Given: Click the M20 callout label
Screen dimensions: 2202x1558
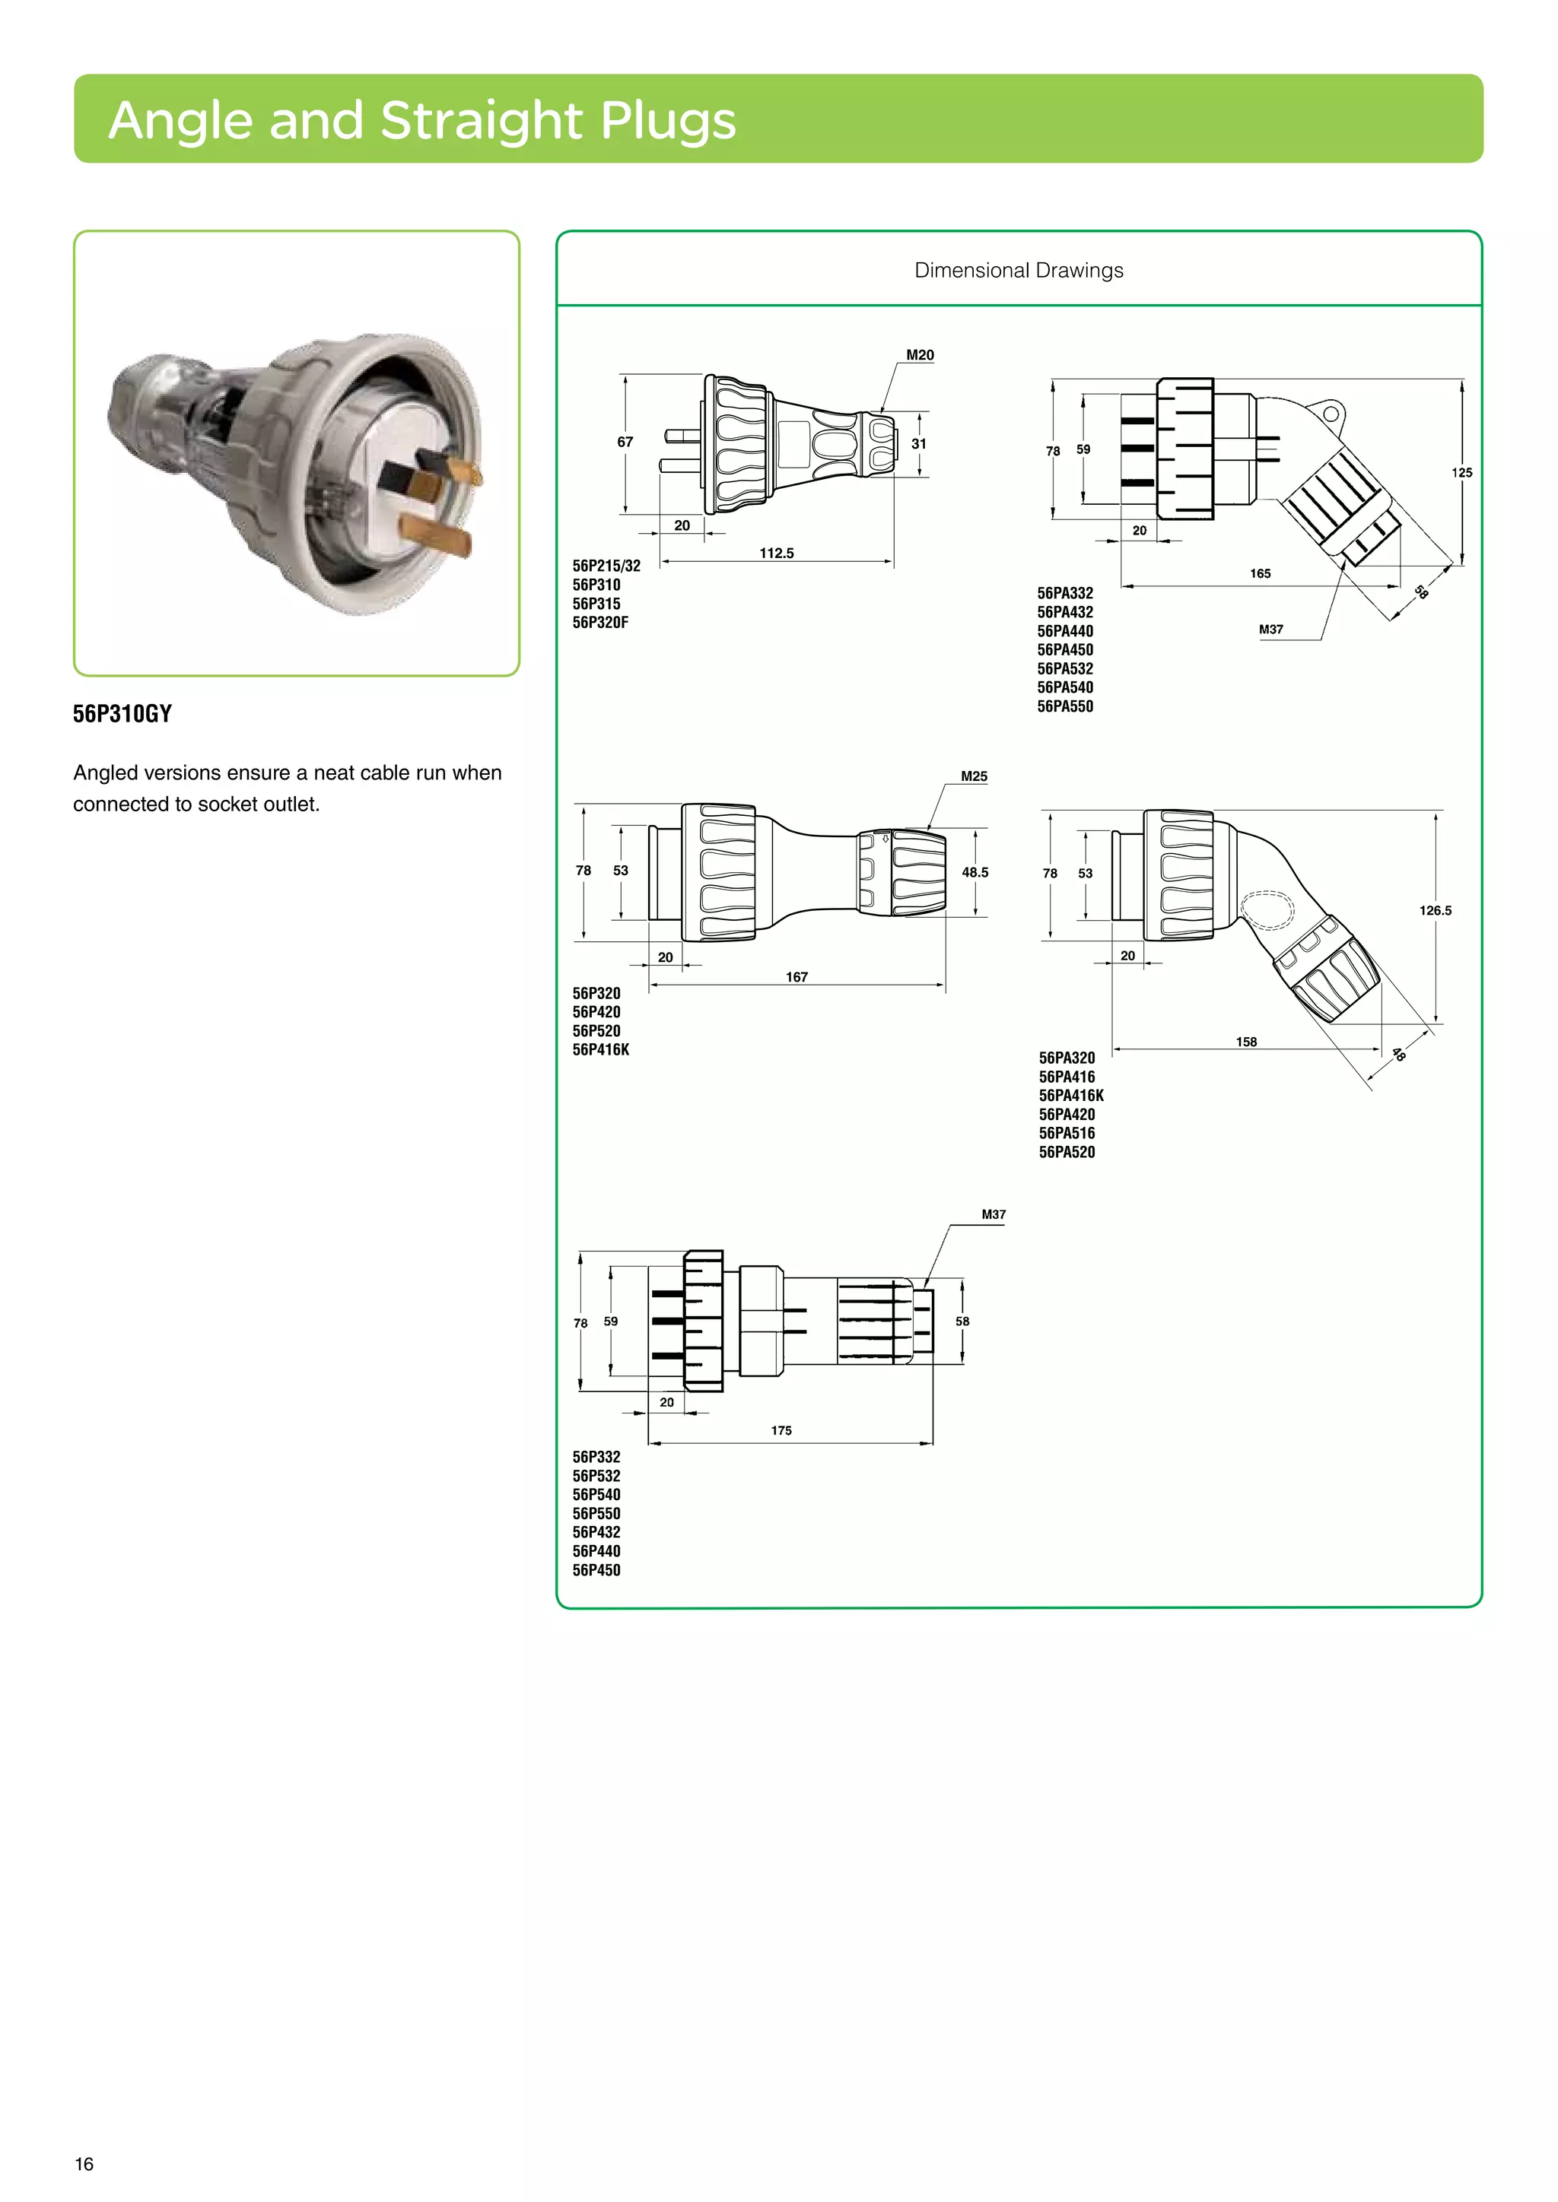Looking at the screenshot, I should pyautogui.click(x=919, y=355).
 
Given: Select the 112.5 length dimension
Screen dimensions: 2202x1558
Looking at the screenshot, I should pyautogui.click(x=776, y=554).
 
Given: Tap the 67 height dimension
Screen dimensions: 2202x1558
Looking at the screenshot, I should pyautogui.click(x=625, y=442).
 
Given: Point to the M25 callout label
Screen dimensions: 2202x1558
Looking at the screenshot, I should pyautogui.click(x=974, y=776).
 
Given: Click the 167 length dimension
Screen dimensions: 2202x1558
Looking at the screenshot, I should pyautogui.click(x=796, y=977).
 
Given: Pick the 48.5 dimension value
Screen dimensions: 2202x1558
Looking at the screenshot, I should pyautogui.click(x=975, y=872).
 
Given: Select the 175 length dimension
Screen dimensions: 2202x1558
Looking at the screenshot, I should pyautogui.click(x=781, y=1430).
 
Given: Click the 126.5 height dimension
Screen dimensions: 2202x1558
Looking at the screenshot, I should pyautogui.click(x=1436, y=910).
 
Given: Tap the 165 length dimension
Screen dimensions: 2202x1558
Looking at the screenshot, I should pyautogui.click(x=1260, y=573).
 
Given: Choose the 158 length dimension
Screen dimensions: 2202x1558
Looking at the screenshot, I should pyautogui.click(x=1245, y=1042).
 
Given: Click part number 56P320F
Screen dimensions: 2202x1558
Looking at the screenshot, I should pyautogui.click(x=600, y=623).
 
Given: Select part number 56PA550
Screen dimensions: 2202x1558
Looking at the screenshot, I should pyautogui.click(x=1065, y=707).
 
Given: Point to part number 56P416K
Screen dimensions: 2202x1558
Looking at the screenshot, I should pyautogui.click(x=600, y=1050).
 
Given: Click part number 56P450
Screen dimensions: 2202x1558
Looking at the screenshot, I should pyautogui.click(x=596, y=1570).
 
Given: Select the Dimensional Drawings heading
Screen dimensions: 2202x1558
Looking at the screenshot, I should pyautogui.click(x=1018, y=271).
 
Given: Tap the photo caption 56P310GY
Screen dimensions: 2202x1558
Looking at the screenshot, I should pyautogui.click(x=122, y=713).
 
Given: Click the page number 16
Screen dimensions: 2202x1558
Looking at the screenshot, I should pyautogui.click(x=84, y=2164).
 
